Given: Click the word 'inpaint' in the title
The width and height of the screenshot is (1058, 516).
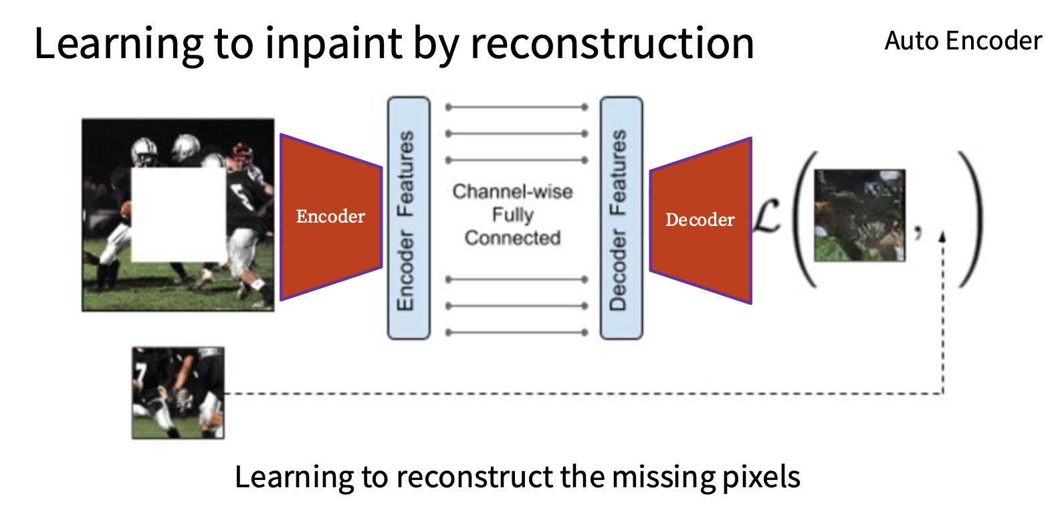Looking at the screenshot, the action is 334,43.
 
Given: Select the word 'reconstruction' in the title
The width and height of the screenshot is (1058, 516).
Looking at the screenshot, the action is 612,43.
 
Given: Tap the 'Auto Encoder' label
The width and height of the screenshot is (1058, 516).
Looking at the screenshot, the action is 963,41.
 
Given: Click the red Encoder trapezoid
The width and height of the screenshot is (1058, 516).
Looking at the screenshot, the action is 330,217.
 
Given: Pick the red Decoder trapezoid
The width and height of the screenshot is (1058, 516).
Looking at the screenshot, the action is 700,221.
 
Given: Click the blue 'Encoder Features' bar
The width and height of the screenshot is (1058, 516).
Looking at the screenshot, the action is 409,218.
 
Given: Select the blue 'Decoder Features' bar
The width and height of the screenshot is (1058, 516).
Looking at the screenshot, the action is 621,218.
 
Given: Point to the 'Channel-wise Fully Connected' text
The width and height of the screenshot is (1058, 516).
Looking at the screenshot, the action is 513,215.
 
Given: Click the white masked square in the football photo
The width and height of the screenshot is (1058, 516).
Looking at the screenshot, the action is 179,215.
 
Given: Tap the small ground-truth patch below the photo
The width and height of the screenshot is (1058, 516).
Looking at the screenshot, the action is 178,393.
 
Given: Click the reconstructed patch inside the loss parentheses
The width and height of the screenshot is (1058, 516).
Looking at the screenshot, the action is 859,215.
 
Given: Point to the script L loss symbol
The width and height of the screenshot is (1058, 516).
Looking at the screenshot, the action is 766,215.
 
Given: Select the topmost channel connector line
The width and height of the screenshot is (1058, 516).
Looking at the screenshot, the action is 517,107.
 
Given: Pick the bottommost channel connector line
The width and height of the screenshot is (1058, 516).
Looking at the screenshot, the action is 517,332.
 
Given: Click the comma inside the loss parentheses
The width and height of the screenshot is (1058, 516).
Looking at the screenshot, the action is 918,232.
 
